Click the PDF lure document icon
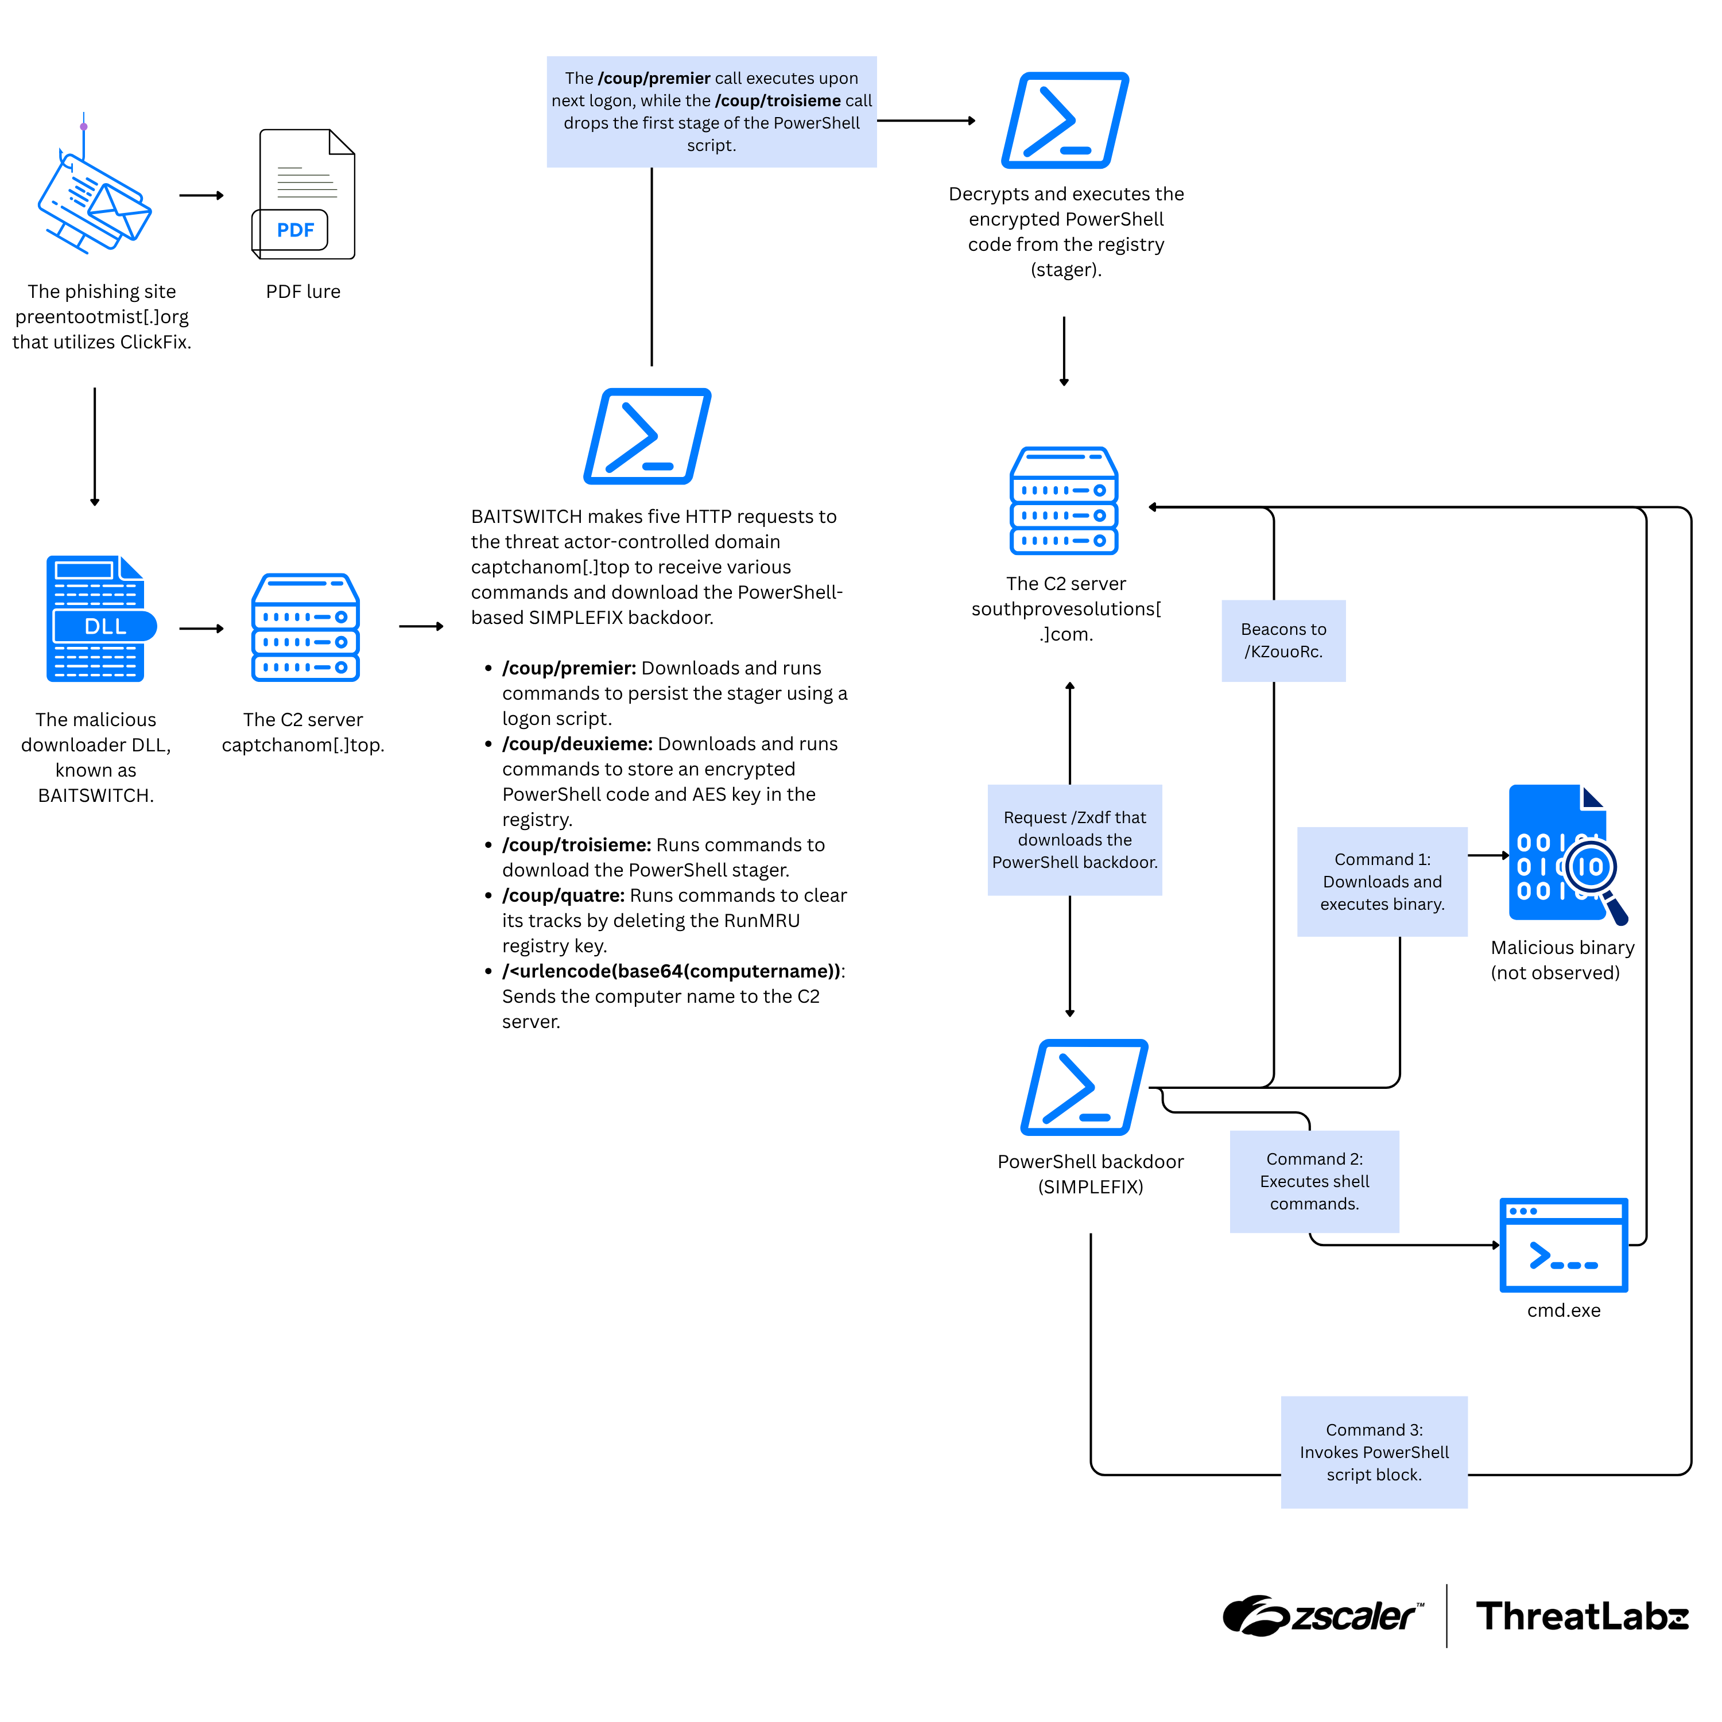(x=304, y=195)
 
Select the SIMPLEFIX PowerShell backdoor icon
(x=1084, y=1087)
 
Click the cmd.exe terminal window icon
(x=1564, y=1244)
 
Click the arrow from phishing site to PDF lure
(x=201, y=195)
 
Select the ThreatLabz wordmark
(x=1581, y=1615)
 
